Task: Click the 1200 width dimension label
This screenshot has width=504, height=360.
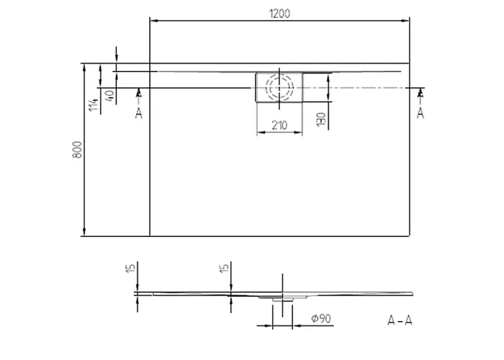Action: click(x=279, y=14)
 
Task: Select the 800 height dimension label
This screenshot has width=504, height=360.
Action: click(x=77, y=150)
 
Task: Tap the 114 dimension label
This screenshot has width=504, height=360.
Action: click(x=94, y=105)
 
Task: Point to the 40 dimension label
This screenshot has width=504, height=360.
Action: click(x=109, y=95)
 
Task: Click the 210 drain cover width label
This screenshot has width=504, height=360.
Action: click(x=279, y=125)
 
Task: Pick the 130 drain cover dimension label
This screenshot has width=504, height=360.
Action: click(x=321, y=120)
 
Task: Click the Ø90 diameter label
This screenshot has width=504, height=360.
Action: click(x=321, y=318)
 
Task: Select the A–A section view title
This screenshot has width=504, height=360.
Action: click(x=400, y=320)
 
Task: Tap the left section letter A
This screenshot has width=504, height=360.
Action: click(x=138, y=113)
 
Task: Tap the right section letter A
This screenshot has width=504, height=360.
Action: click(x=420, y=113)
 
